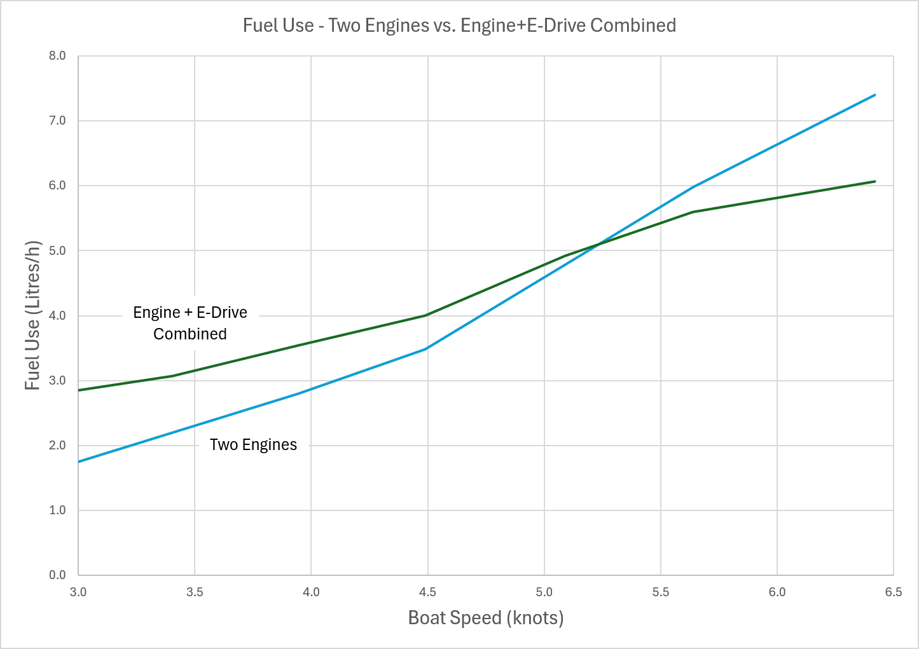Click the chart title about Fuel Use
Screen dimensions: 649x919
(459, 25)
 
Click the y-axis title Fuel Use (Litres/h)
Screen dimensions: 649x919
(32, 315)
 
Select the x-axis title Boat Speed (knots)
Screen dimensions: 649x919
(485, 617)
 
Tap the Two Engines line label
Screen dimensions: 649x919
(253, 444)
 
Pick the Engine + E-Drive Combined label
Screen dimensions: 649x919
(190, 323)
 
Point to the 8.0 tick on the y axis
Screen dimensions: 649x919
(57, 56)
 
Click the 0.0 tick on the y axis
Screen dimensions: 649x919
(57, 575)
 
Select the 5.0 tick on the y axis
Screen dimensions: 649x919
(57, 250)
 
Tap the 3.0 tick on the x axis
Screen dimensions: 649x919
(78, 592)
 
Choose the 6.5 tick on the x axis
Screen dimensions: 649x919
(893, 592)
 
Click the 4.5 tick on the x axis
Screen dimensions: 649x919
(427, 592)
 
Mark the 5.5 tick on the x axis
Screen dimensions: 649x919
(660, 592)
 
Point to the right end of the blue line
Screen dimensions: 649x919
(875, 95)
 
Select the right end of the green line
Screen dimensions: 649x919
(875, 181)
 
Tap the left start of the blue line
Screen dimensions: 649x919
(79, 461)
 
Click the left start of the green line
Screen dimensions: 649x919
(79, 390)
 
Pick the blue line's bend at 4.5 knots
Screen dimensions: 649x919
(426, 349)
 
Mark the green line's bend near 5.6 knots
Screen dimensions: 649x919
(693, 212)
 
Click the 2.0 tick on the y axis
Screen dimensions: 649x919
(57, 446)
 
